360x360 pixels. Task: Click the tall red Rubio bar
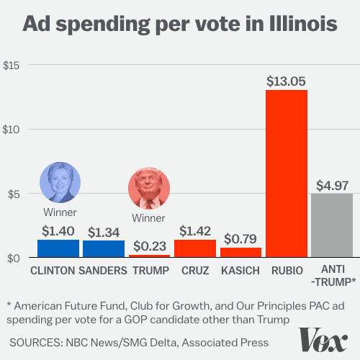[287, 174]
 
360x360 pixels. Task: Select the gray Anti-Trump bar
[332, 225]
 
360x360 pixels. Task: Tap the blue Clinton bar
[58, 248]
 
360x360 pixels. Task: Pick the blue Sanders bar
[104, 249]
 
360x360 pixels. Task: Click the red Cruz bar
[195, 248]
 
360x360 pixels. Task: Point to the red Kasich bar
[240, 253]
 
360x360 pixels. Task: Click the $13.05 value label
[286, 81]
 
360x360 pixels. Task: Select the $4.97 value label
[332, 186]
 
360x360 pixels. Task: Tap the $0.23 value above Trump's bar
[150, 246]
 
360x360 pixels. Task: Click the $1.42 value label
[195, 231]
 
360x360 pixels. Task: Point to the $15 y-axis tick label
[11, 66]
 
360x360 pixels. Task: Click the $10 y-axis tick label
[11, 130]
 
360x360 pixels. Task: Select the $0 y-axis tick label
[14, 258]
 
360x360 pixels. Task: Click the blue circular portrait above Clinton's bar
[60, 182]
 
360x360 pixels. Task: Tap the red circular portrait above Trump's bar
[149, 188]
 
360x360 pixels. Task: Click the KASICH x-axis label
[240, 271]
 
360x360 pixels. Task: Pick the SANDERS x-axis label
[103, 271]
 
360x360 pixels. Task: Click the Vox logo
[323, 340]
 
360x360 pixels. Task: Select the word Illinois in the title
[303, 24]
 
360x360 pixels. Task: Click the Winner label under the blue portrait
[60, 212]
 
